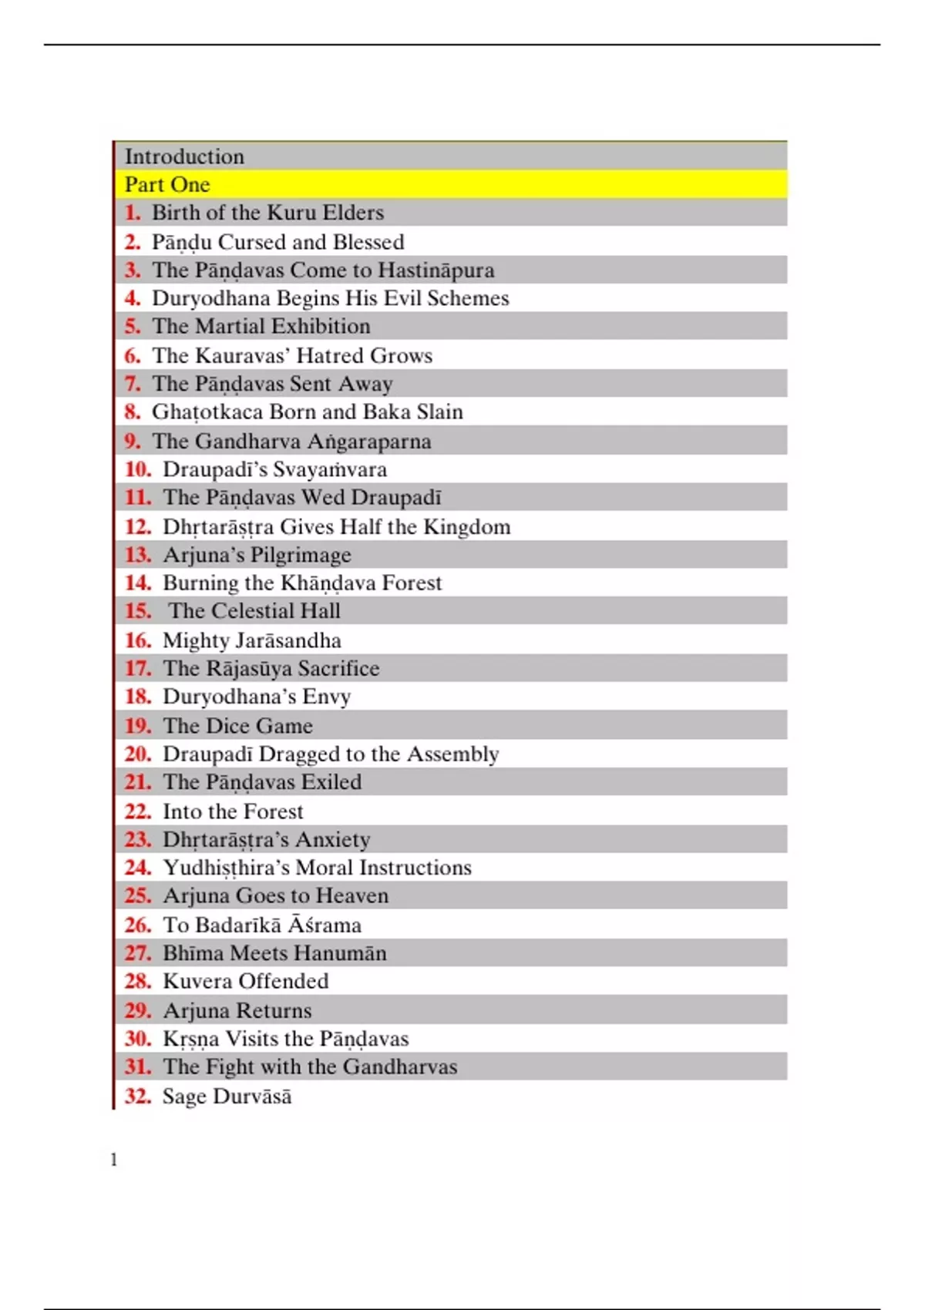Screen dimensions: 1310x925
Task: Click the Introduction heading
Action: pyautogui.click(x=184, y=156)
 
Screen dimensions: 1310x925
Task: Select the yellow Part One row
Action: pyautogui.click(x=451, y=185)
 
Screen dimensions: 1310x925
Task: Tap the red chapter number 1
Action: pyautogui.click(x=133, y=213)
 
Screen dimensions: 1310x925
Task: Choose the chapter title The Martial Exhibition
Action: pyautogui.click(x=261, y=326)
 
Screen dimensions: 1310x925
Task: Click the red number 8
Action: pyautogui.click(x=133, y=412)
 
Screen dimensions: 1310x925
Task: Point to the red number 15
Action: pyautogui.click(x=138, y=611)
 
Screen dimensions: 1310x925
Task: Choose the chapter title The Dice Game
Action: pyautogui.click(x=237, y=726)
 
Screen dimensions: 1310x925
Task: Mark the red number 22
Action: pyautogui.click(x=138, y=811)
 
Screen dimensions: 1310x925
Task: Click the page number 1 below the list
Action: pyautogui.click(x=114, y=1160)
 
